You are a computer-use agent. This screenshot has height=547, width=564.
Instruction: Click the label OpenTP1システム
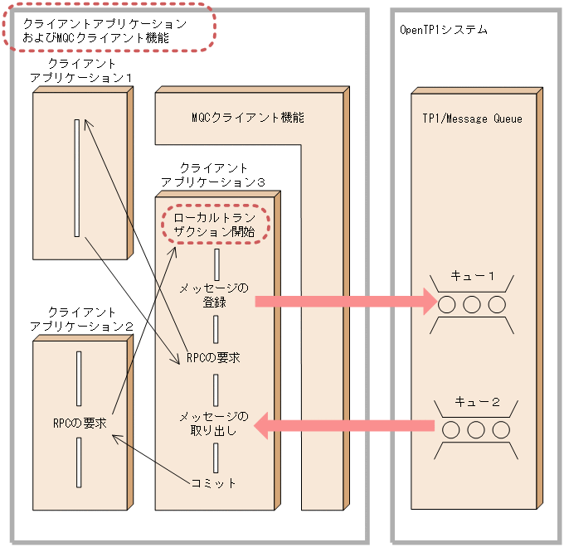tap(443, 30)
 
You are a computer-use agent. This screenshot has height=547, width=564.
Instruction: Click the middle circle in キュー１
tap(472, 304)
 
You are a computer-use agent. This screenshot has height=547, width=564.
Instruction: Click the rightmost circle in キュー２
tap(500, 430)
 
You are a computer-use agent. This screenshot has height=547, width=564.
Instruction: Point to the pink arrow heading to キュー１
tap(344, 303)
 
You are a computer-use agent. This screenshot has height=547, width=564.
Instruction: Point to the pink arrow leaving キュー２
tap(344, 428)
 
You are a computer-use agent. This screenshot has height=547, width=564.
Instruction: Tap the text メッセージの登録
tap(214, 295)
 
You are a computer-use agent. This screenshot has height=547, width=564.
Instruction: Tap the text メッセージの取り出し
tap(214, 423)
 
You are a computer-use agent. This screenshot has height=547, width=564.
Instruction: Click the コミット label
tap(214, 483)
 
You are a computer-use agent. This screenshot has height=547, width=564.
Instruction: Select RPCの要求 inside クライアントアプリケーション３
tap(214, 358)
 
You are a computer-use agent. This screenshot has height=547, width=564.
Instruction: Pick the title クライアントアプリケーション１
tap(81, 70)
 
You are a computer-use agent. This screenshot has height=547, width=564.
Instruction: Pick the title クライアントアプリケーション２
tap(81, 319)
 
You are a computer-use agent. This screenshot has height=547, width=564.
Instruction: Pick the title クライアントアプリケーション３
tap(214, 174)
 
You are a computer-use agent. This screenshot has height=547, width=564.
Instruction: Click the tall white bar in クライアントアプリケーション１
tap(77, 178)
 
